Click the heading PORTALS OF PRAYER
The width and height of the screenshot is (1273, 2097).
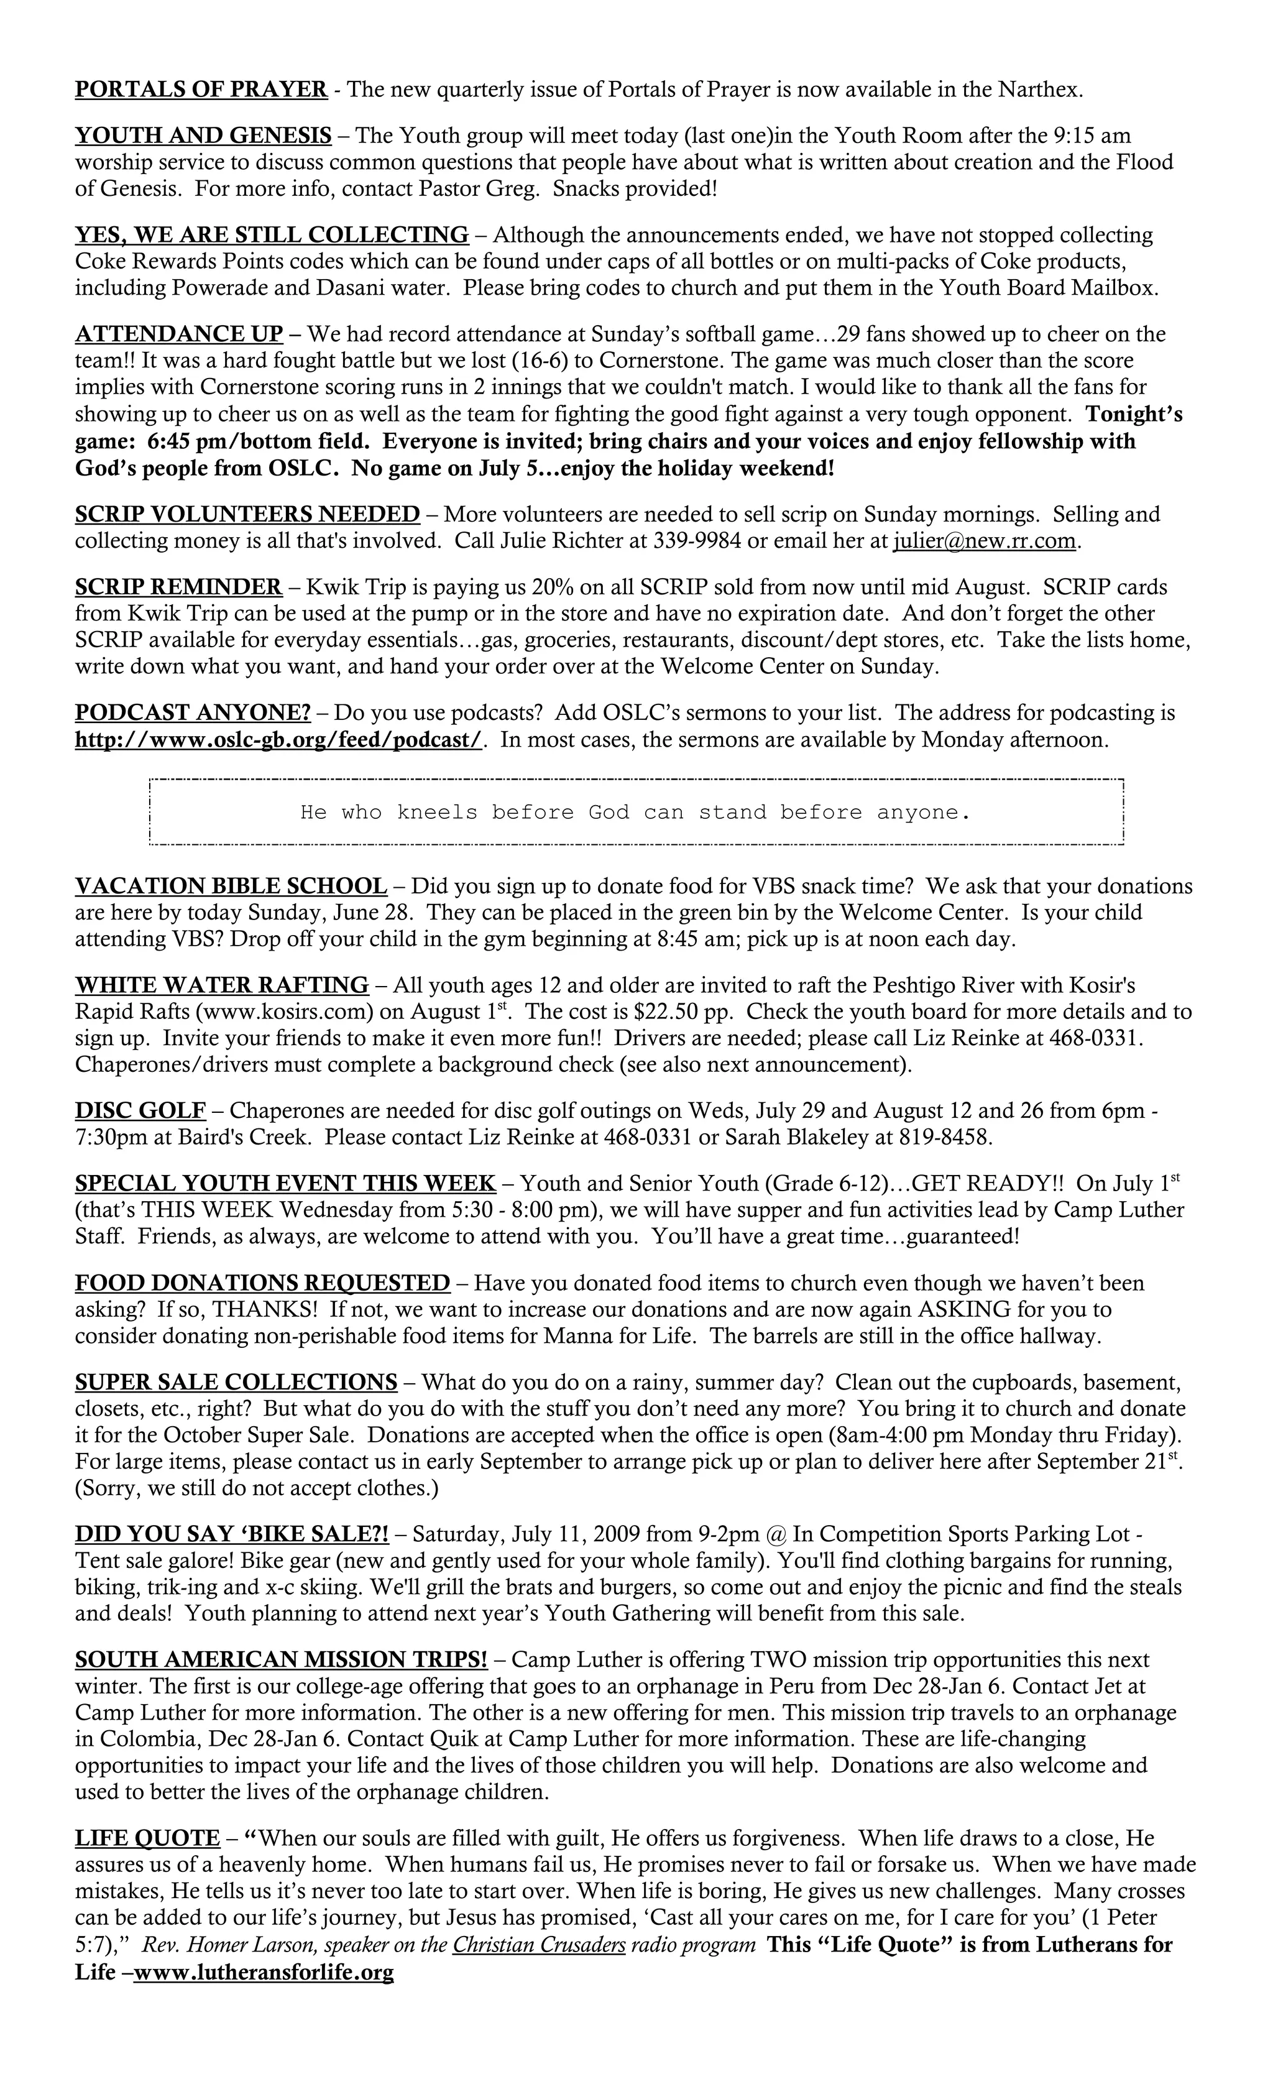pyautogui.click(x=201, y=90)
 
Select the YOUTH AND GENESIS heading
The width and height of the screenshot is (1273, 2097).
pyautogui.click(x=203, y=136)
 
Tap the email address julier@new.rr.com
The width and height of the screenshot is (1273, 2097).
pyautogui.click(x=985, y=540)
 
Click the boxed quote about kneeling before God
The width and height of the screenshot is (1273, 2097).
pyautogui.click(x=635, y=812)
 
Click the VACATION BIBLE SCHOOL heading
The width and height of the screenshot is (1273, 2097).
pyautogui.click(x=231, y=886)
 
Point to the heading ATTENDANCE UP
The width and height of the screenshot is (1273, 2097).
pyautogui.click(x=178, y=334)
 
